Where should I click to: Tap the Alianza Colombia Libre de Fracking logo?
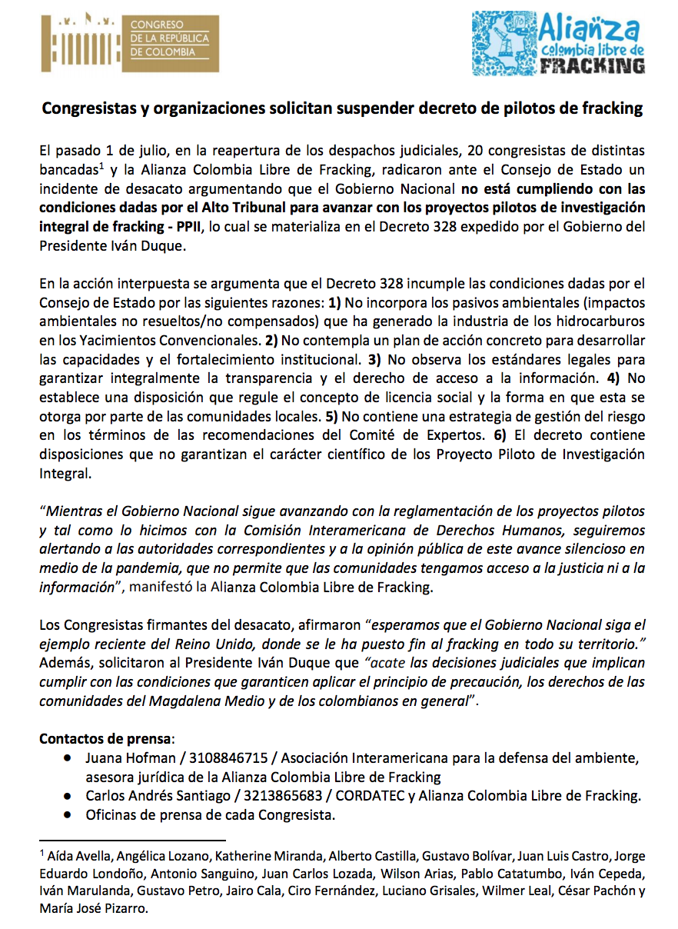(559, 42)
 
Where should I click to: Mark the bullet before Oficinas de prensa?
(69, 814)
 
